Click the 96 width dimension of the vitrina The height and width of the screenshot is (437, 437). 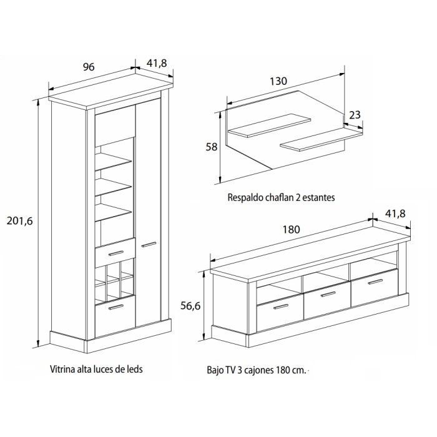(x=89, y=67)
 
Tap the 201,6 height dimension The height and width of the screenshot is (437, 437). (x=20, y=221)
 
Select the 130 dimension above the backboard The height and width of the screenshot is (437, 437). (x=278, y=81)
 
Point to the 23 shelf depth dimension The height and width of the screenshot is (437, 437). (x=355, y=115)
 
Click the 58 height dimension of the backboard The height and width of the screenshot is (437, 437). (x=211, y=147)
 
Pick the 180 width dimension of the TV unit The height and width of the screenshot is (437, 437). (x=292, y=229)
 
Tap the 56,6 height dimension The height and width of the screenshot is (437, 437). (x=190, y=306)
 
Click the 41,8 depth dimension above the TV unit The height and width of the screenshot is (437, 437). (x=395, y=214)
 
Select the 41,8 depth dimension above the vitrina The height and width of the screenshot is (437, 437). (x=157, y=63)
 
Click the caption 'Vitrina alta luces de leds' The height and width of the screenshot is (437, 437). (x=96, y=369)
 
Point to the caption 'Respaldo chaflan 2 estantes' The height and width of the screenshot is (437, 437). (x=281, y=197)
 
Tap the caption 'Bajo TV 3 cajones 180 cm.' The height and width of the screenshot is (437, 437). (x=257, y=370)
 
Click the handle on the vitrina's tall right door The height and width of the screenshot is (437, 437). (x=149, y=245)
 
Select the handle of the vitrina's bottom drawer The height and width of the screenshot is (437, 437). (x=115, y=307)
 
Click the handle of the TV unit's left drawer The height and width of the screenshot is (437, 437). (x=281, y=307)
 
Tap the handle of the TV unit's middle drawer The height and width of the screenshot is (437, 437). (x=328, y=294)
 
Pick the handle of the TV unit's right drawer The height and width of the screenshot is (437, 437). (x=375, y=282)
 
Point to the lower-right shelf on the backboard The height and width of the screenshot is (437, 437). (x=322, y=139)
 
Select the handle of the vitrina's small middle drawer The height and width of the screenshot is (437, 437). (x=115, y=253)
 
